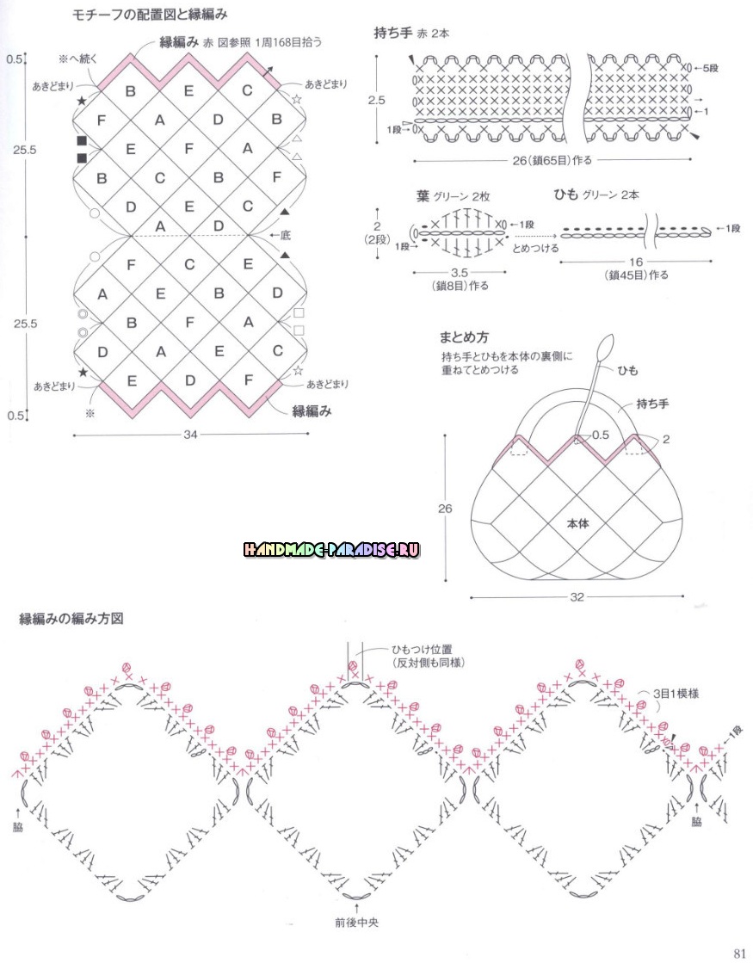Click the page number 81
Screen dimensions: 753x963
coord(739,952)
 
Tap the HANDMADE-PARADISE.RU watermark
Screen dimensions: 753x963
coord(331,549)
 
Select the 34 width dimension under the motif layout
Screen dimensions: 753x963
coord(190,435)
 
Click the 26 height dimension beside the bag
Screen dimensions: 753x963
coord(444,509)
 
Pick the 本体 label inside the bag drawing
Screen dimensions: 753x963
coord(578,522)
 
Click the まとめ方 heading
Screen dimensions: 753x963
coord(466,336)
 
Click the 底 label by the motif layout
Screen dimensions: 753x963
coord(286,234)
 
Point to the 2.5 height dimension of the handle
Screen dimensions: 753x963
coord(376,101)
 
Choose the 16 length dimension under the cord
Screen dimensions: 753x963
coord(635,262)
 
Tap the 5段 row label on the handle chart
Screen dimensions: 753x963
coord(707,67)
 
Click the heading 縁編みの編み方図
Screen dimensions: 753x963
coord(72,619)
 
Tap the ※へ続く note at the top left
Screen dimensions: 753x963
coord(78,59)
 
